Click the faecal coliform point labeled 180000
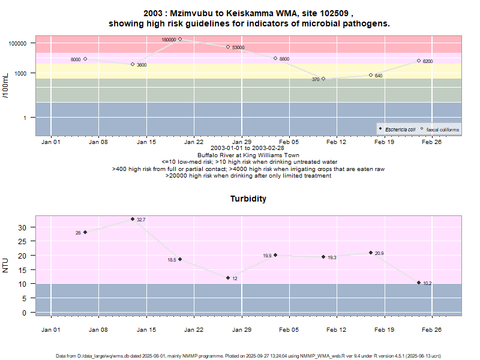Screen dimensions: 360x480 (180, 39)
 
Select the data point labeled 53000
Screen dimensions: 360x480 (228, 47)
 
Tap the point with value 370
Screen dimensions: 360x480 (323, 79)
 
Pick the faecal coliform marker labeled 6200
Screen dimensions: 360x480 (419, 61)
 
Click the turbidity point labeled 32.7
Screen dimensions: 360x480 (133, 219)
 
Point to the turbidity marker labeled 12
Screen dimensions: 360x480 (228, 278)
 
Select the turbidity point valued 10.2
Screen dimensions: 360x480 (419, 283)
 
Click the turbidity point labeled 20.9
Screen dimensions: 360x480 (371, 253)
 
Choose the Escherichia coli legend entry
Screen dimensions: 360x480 (398, 129)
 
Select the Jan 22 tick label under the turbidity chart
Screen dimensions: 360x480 (194, 329)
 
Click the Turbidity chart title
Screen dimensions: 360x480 (248, 199)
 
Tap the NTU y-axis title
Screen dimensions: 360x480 (6, 265)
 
